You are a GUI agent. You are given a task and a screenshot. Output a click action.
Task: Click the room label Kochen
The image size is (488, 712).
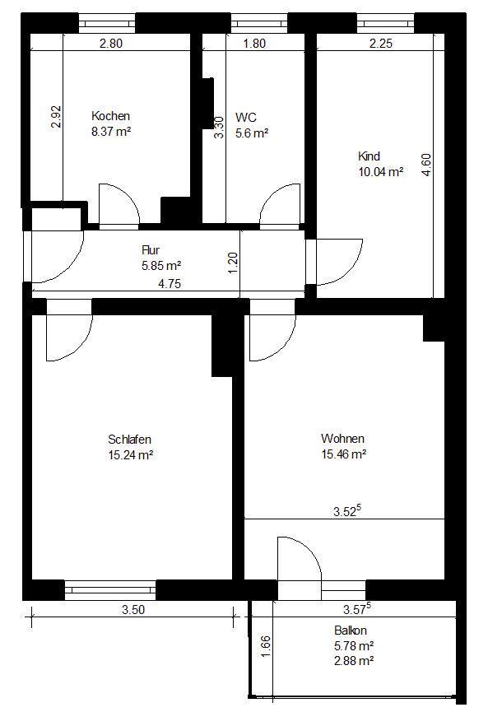tap(110, 116)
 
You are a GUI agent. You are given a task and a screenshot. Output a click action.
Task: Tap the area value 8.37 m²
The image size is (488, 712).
tap(110, 130)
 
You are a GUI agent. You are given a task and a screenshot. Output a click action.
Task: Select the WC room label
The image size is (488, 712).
tap(245, 117)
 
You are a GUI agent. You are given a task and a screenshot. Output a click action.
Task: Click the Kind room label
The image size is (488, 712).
tap(369, 157)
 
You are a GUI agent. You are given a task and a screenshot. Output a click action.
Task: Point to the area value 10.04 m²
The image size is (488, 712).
tap(379, 171)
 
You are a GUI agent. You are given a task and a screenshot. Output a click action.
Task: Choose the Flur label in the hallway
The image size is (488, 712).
tap(151, 250)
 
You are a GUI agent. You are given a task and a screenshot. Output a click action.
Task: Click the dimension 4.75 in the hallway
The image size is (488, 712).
tap(170, 284)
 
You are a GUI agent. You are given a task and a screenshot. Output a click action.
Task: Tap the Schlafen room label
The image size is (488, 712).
tap(129, 440)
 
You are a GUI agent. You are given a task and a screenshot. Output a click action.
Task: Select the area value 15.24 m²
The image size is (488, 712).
tap(130, 454)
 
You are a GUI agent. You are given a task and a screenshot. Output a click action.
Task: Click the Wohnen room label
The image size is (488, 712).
tap(342, 440)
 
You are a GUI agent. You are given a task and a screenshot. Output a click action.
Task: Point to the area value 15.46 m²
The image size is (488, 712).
tap(343, 454)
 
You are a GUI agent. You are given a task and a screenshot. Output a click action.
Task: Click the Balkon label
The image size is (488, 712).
tap(350, 631)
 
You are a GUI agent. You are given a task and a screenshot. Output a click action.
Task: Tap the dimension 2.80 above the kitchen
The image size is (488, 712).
tap(110, 44)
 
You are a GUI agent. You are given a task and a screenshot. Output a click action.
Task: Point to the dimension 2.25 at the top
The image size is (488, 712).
tap(380, 44)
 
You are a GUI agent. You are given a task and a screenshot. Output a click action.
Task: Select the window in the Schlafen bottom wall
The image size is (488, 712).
tap(109, 589)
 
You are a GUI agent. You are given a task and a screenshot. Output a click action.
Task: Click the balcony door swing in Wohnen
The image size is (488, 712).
tap(297, 560)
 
